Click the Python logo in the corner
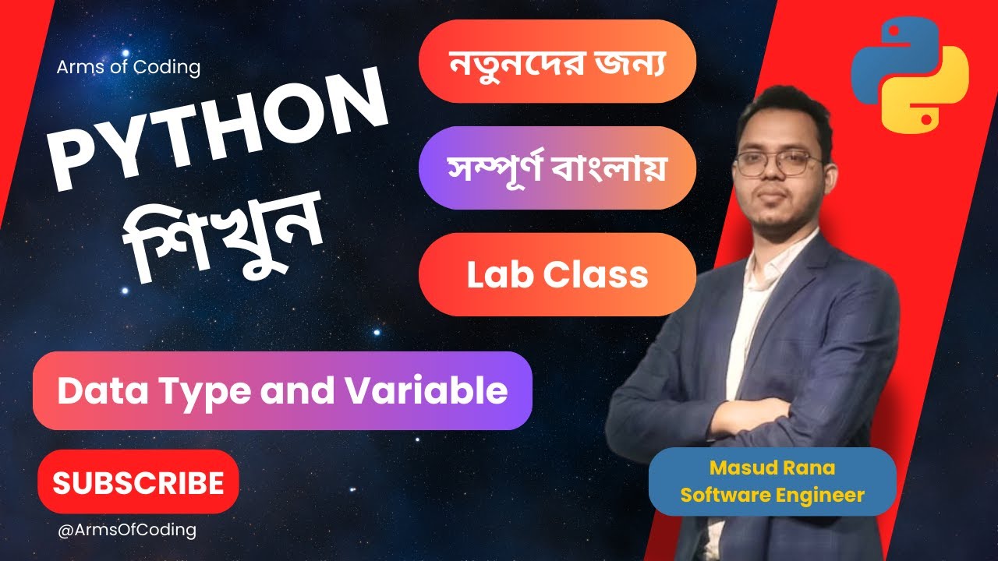(909, 76)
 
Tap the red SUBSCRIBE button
(138, 482)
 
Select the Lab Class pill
(557, 274)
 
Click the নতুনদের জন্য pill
(557, 61)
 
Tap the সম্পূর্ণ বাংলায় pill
(557, 168)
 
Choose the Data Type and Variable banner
(282, 390)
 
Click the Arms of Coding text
(128, 67)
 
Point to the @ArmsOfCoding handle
(126, 530)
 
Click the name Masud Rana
(772, 468)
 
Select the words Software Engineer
(772, 495)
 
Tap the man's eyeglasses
(777, 163)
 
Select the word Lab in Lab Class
(494, 274)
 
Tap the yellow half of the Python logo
(932, 97)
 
